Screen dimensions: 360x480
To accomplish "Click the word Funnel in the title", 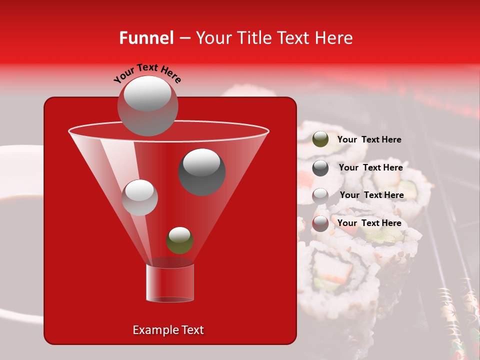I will point(146,38).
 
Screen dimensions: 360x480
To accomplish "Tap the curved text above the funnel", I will point(147,73).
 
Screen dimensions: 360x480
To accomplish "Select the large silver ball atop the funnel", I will point(147,105).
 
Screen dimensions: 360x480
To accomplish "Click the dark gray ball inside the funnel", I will point(202,171).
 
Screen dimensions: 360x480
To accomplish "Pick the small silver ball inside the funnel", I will point(140,197).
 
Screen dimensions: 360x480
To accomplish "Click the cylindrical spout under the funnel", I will point(169,283).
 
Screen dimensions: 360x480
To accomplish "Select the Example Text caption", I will point(168,330).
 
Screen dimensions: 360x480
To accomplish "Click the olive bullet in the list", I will point(320,139).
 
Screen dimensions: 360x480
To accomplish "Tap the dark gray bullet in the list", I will point(320,168).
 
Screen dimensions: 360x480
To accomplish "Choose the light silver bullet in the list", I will point(320,195).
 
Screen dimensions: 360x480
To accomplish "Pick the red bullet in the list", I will point(320,223).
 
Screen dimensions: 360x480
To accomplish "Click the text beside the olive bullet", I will point(369,139).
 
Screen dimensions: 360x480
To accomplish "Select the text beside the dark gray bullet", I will point(370,167).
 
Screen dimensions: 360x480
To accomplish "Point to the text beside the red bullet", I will point(369,223).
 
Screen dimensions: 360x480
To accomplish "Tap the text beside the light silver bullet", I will point(371,195).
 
